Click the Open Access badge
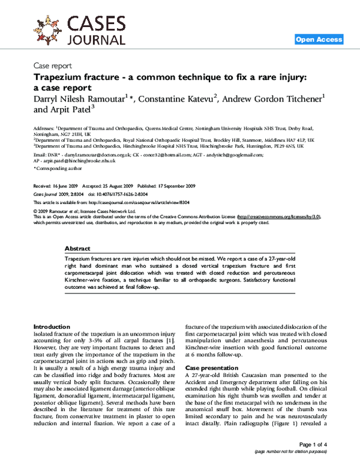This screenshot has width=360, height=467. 319,40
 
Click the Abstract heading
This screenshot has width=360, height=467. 77,249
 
